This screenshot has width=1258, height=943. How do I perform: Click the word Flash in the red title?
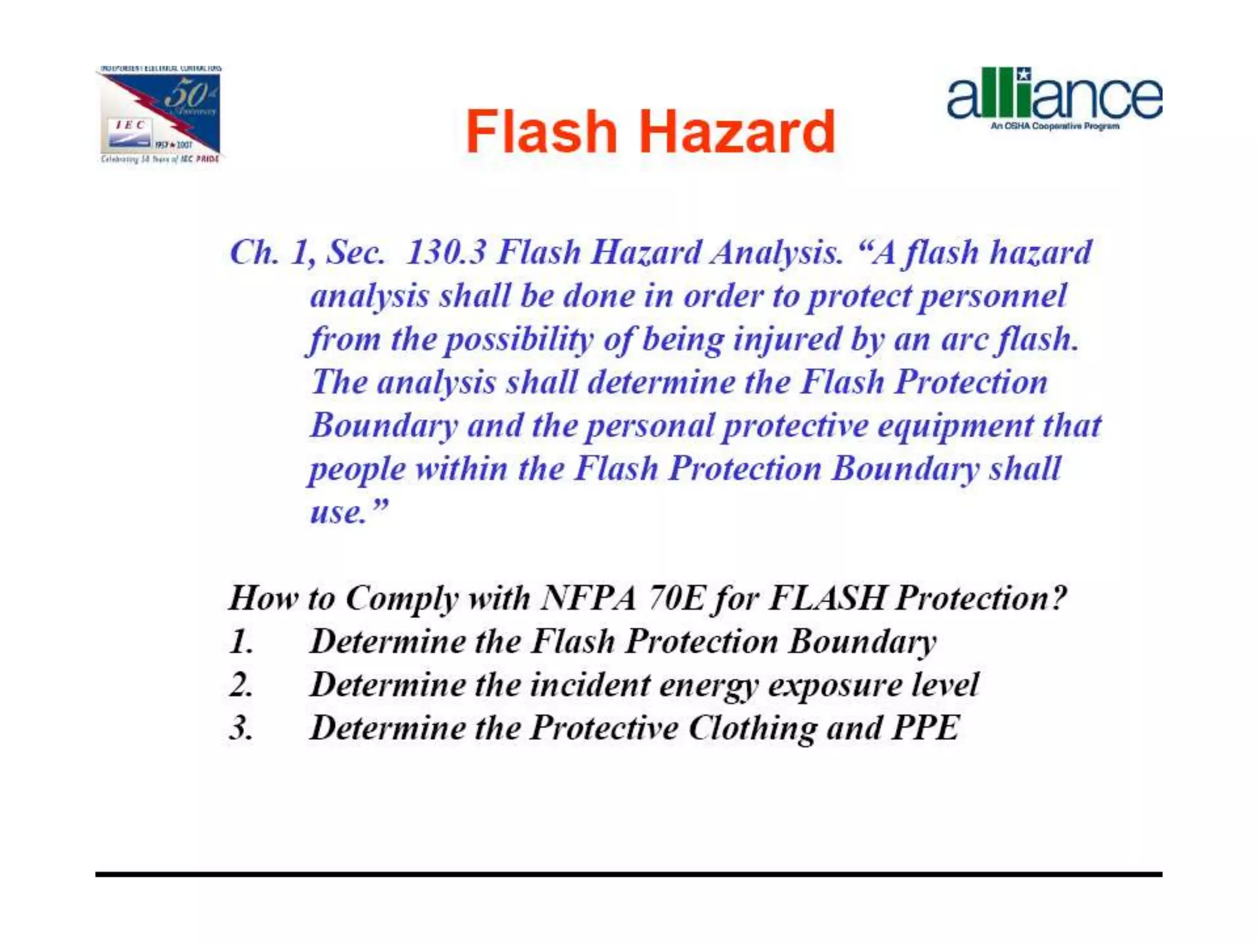coord(541,131)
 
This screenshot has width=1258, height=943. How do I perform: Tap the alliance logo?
coord(1054,95)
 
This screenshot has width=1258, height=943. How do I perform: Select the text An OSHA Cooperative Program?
coord(1054,126)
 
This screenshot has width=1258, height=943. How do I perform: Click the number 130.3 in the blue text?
coord(446,252)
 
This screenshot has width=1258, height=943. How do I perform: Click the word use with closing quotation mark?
coord(348,512)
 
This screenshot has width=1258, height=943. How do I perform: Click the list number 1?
coord(241,642)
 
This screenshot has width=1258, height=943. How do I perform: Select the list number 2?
coord(241,685)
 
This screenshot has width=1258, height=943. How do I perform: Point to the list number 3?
coord(241,729)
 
